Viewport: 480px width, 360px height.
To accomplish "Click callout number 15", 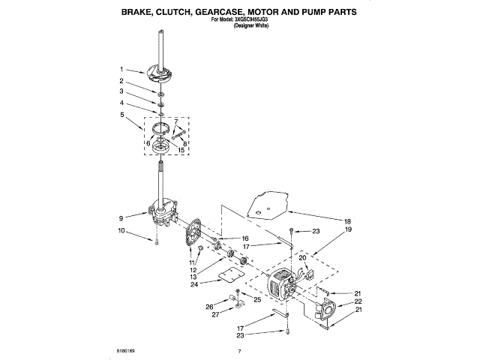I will (181, 149).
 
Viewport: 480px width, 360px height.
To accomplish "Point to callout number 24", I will (194, 284).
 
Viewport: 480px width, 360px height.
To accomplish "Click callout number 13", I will (194, 277).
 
